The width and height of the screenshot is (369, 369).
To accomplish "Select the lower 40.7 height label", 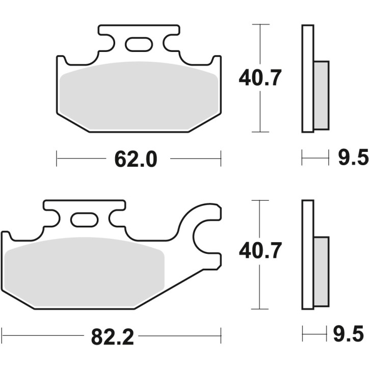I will [260, 251].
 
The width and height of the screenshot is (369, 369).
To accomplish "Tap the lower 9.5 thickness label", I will [351, 335].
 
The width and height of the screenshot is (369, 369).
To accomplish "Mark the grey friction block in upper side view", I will [321, 94].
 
